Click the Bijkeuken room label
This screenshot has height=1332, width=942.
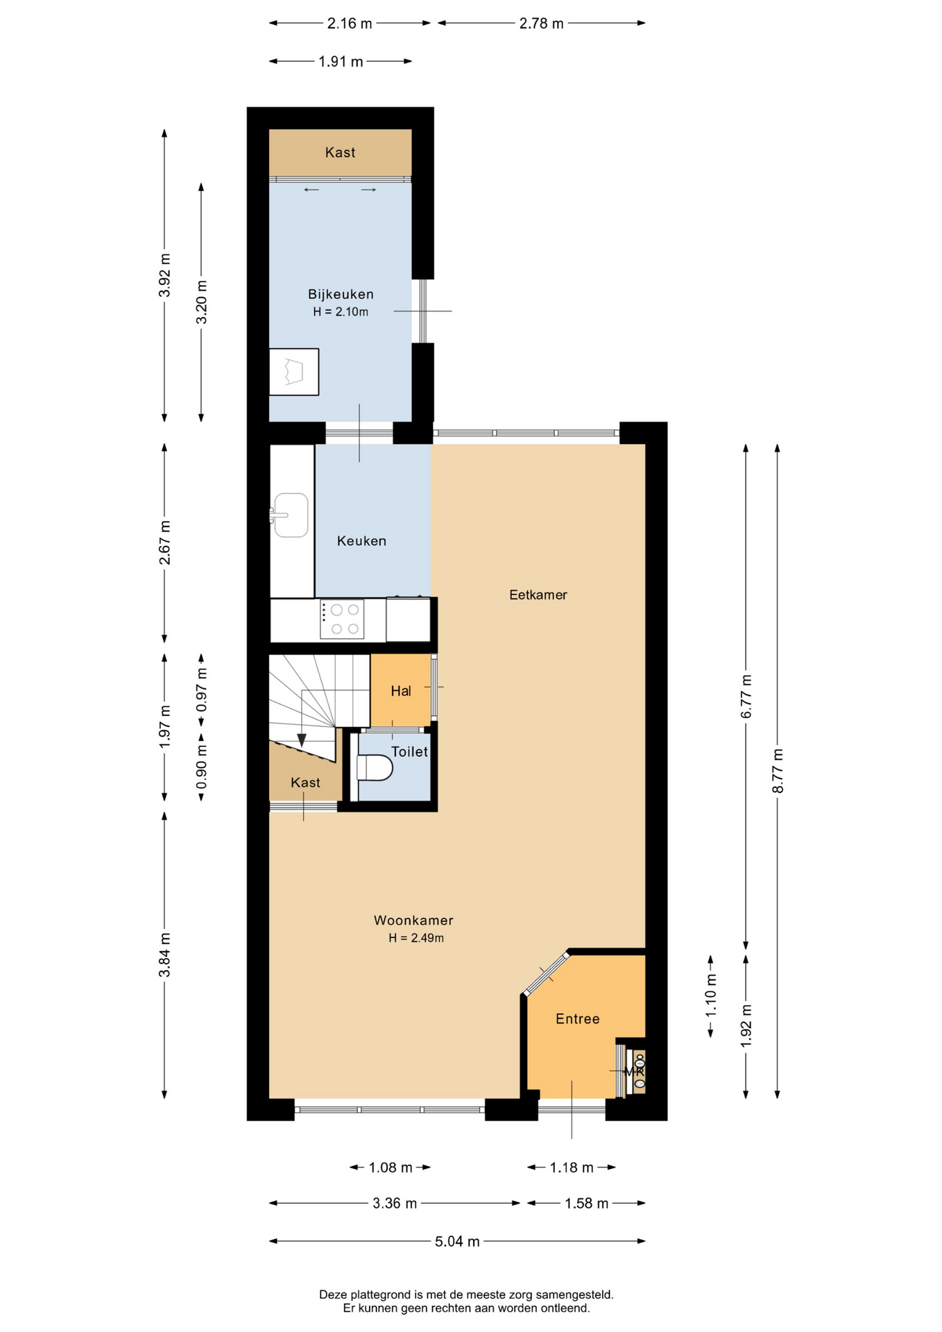(x=341, y=294)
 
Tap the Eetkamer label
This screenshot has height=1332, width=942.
(x=538, y=595)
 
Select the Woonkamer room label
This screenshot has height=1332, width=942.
(x=413, y=921)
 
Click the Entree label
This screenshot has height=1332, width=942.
(x=578, y=1018)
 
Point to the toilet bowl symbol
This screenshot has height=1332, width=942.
(x=374, y=768)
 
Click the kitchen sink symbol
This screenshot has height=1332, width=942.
(x=290, y=515)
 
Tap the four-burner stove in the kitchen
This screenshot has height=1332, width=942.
(x=342, y=620)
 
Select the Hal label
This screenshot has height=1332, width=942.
(x=401, y=691)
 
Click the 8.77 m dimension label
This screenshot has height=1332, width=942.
(x=778, y=771)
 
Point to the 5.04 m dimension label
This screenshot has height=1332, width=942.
(x=457, y=1241)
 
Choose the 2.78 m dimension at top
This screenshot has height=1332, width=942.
(x=542, y=24)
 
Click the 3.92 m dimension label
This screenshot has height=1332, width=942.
(x=164, y=275)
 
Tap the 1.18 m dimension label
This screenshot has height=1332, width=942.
(x=572, y=1168)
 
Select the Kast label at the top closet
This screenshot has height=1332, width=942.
(x=341, y=153)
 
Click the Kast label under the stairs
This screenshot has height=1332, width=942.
(x=306, y=783)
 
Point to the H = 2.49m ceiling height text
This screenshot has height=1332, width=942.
(x=416, y=938)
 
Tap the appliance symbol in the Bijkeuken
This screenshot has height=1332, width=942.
(x=294, y=372)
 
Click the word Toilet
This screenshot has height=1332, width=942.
(x=410, y=751)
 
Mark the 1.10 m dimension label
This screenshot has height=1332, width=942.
(x=711, y=996)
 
